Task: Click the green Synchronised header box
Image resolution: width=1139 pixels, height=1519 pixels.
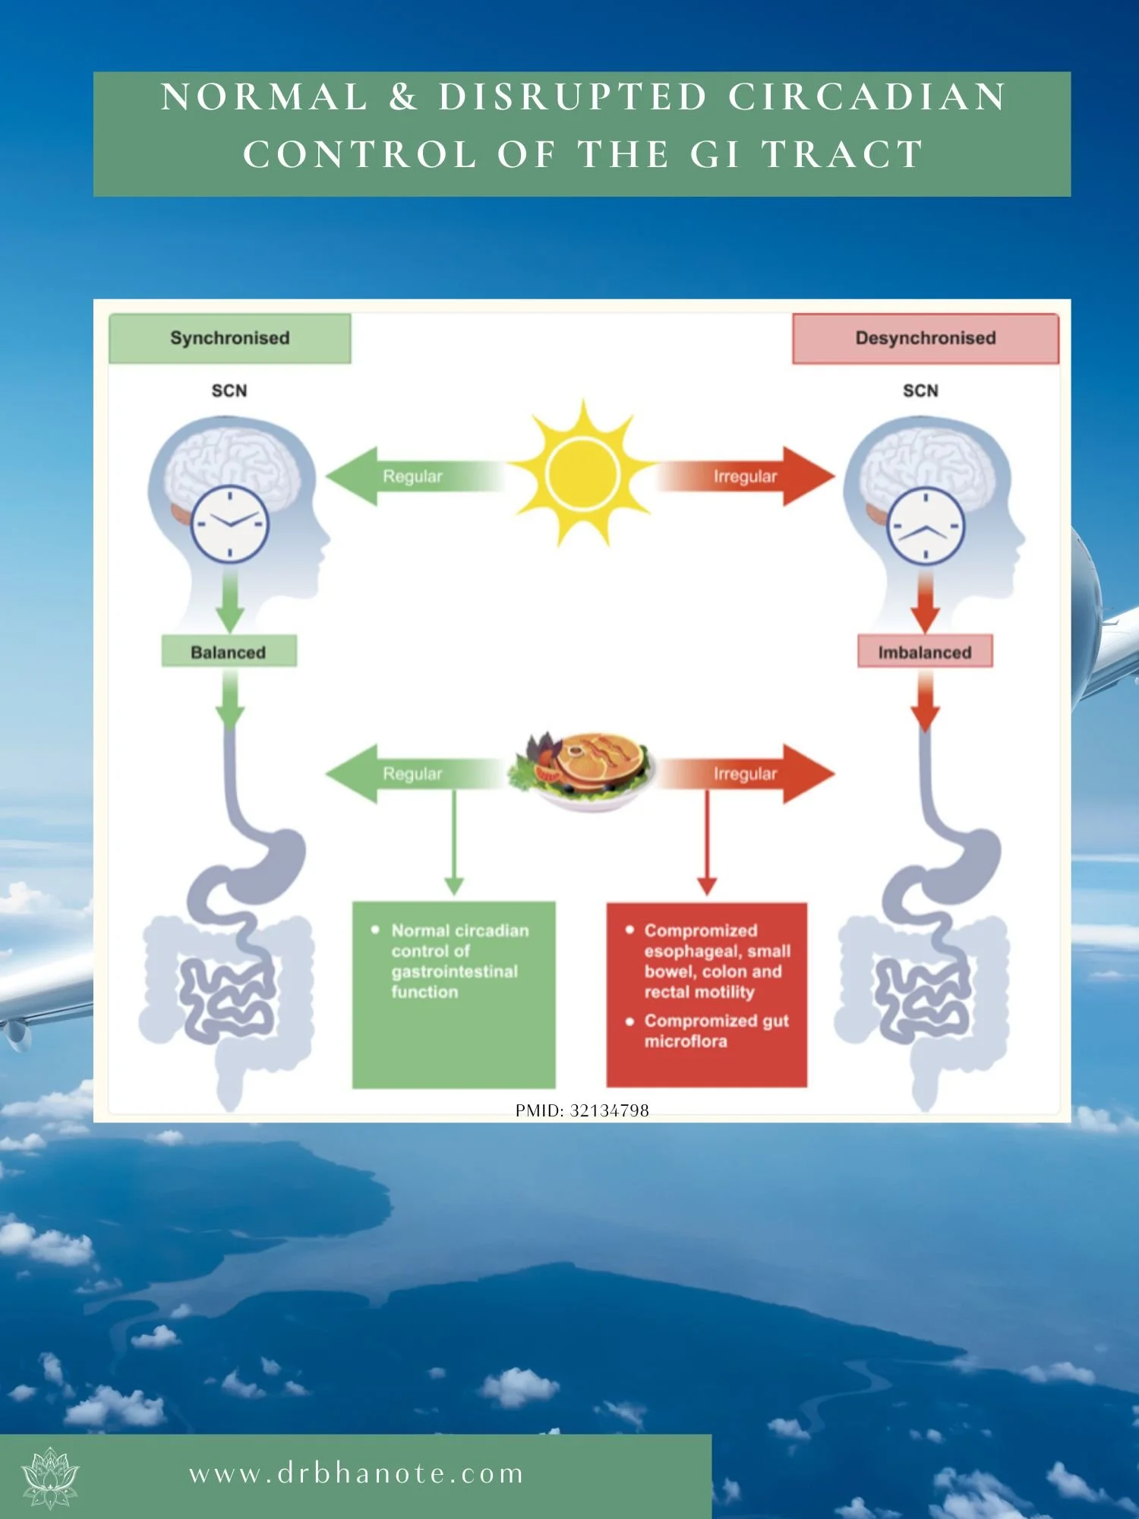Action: [229, 338]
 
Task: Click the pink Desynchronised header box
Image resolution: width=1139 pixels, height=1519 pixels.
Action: [925, 338]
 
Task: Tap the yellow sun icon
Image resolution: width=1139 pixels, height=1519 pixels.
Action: [582, 474]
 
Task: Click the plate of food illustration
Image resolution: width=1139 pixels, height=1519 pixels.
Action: [582, 771]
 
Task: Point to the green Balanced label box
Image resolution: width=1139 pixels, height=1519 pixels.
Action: [229, 652]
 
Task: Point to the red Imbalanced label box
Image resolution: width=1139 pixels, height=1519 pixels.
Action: [924, 652]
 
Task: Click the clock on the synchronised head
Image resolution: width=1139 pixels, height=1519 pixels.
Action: [229, 524]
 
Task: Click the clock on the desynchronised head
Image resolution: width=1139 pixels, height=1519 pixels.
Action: [926, 526]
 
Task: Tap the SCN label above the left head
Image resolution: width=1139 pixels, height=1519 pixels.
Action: [229, 390]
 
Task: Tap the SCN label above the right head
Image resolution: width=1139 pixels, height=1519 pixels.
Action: [920, 390]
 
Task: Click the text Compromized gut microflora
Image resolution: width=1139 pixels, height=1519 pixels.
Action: [715, 1031]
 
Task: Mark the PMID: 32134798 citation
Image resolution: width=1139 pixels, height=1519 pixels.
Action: [582, 1110]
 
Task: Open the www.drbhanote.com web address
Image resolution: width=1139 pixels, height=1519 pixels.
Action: [357, 1474]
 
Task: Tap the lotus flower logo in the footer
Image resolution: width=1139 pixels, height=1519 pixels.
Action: [50, 1477]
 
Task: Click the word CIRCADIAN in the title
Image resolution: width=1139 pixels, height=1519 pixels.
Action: [867, 97]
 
